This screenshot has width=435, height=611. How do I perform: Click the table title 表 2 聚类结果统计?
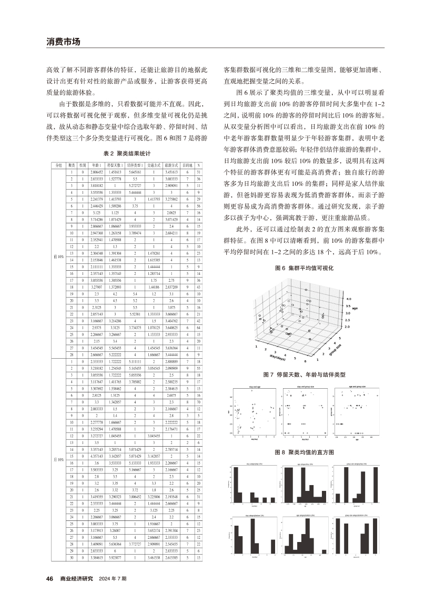127,153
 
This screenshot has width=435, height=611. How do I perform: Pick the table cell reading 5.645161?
135,172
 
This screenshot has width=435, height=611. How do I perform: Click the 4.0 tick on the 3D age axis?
347,298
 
